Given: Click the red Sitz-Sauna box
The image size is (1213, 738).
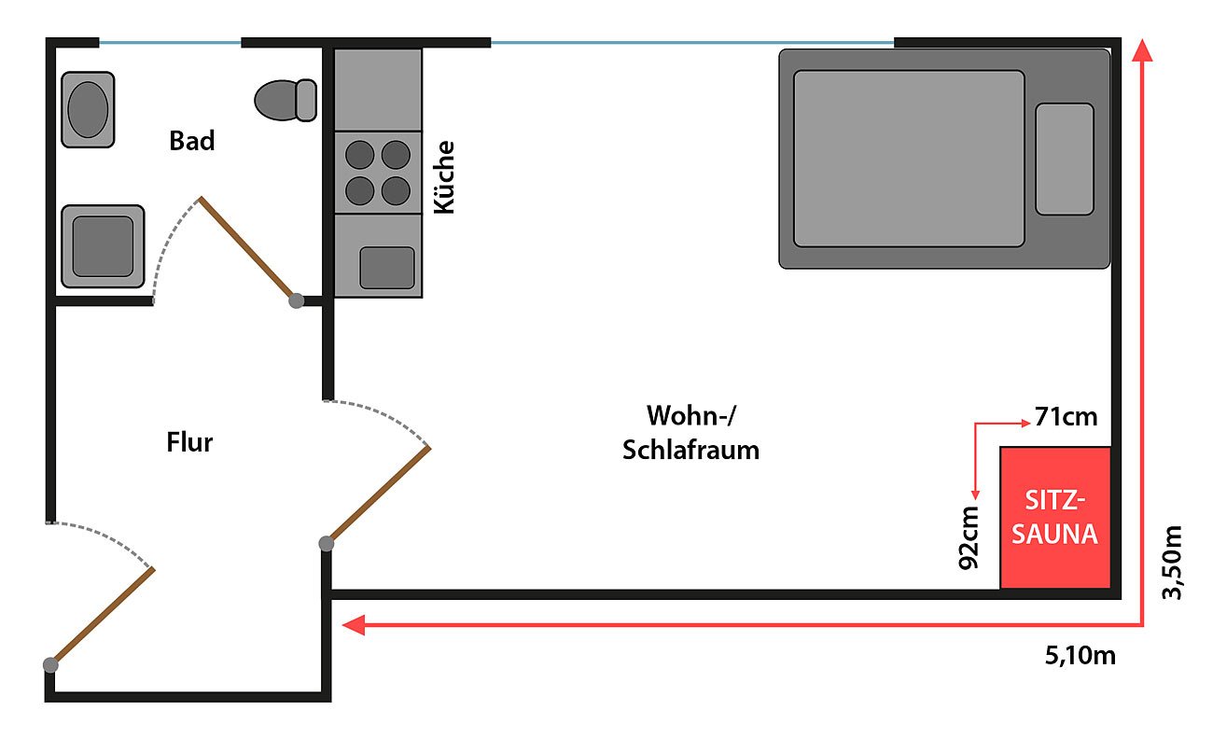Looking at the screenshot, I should [x=1055, y=518].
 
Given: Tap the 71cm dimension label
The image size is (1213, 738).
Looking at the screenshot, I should [x=1066, y=417].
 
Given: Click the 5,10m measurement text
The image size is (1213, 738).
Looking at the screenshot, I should [x=1080, y=656].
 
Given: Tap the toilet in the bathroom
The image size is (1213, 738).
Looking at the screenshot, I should [x=286, y=100].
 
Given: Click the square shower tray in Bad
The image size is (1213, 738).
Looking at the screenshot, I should [x=103, y=246].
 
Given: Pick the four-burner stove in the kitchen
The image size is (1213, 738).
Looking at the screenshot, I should [x=378, y=173].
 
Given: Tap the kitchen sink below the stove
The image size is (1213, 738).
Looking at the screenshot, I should [x=386, y=268].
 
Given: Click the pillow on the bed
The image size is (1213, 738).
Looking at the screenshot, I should [x=1064, y=159].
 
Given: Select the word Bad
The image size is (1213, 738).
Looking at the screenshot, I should [x=192, y=141].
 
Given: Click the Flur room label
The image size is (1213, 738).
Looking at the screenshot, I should [x=189, y=441].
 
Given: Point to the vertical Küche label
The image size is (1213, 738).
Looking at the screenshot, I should [x=445, y=176].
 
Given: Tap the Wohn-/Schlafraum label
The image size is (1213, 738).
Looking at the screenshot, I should [x=690, y=432].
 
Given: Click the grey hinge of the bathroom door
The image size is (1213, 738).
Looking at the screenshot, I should [x=296, y=300].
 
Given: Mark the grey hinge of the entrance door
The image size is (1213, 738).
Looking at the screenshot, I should [x=50, y=664].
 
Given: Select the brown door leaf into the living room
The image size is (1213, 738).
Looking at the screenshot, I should [x=378, y=495].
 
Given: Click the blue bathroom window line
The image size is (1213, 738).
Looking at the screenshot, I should [x=170, y=42].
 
